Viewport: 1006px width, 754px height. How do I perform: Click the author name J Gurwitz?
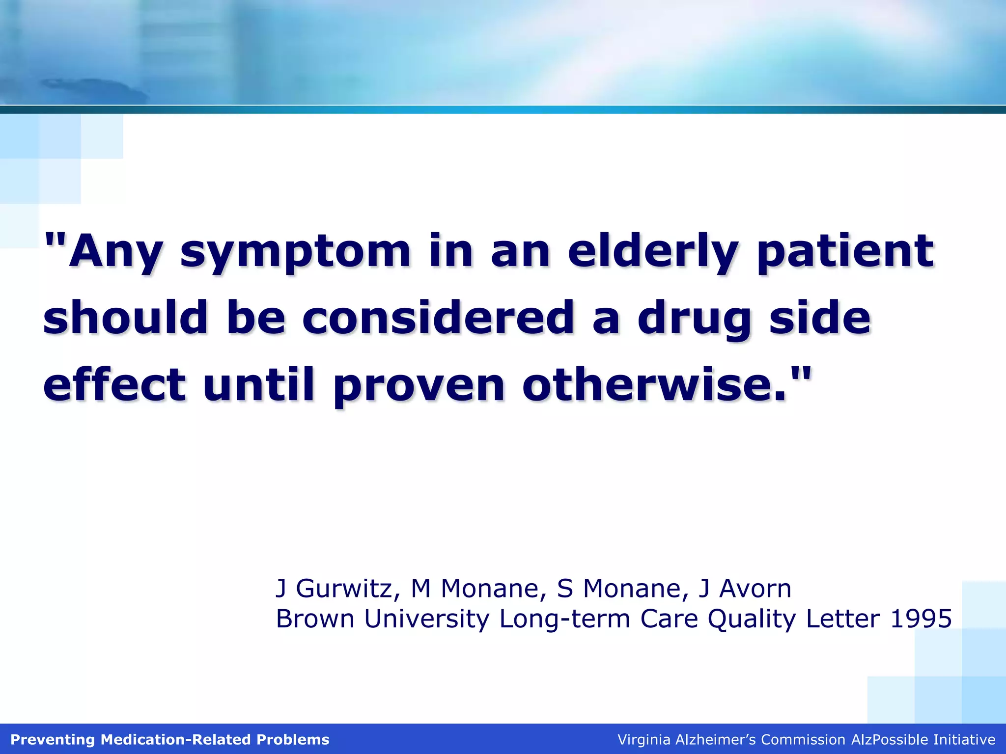(x=334, y=589)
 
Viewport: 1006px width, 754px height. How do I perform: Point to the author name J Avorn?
(x=744, y=589)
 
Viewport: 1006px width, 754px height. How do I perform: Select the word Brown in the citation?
(x=315, y=619)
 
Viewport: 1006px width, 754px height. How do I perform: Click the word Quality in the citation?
(x=752, y=619)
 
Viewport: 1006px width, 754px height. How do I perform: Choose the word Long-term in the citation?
(x=565, y=619)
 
